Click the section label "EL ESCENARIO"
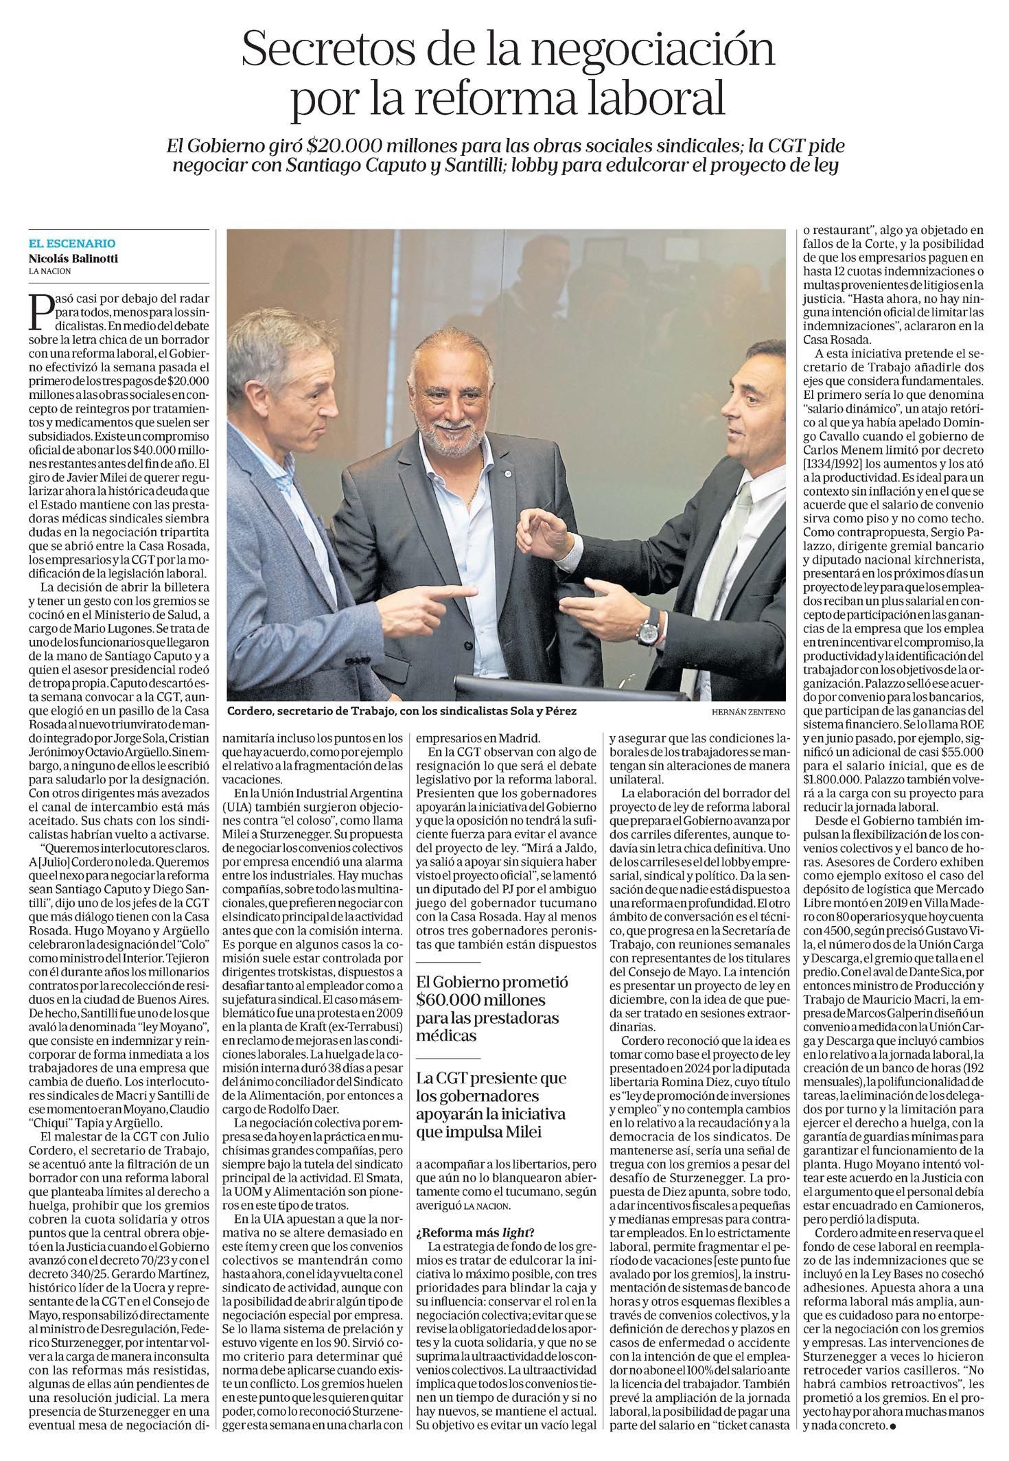72,243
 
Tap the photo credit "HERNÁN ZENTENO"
749,712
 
